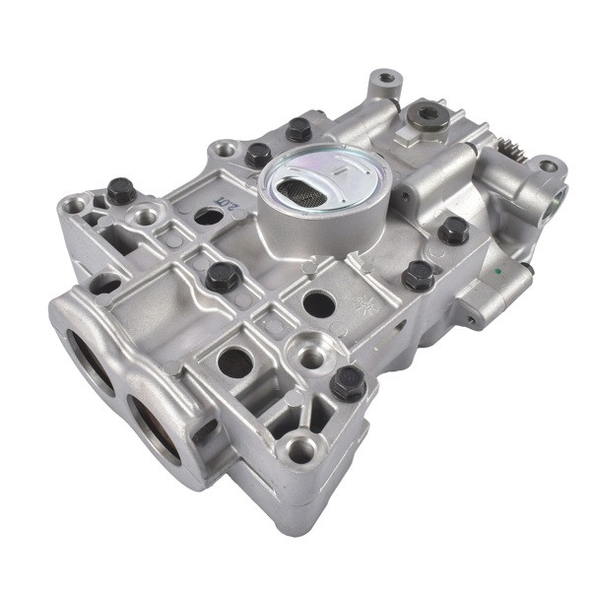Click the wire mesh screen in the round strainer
pos(304,188)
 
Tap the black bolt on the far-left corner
pos(122,189)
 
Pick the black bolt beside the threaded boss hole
pos(348,381)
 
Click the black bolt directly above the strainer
pos(297,129)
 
